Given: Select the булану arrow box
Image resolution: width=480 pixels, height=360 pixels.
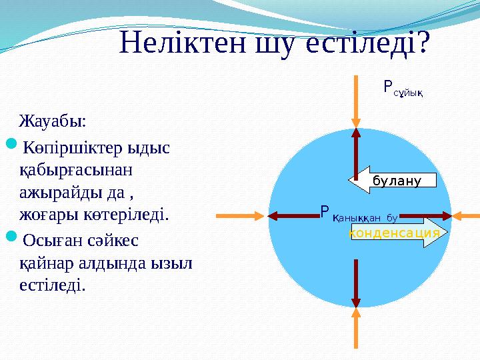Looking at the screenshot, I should (393, 180).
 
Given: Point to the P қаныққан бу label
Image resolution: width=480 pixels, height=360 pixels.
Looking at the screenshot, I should (359, 214).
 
